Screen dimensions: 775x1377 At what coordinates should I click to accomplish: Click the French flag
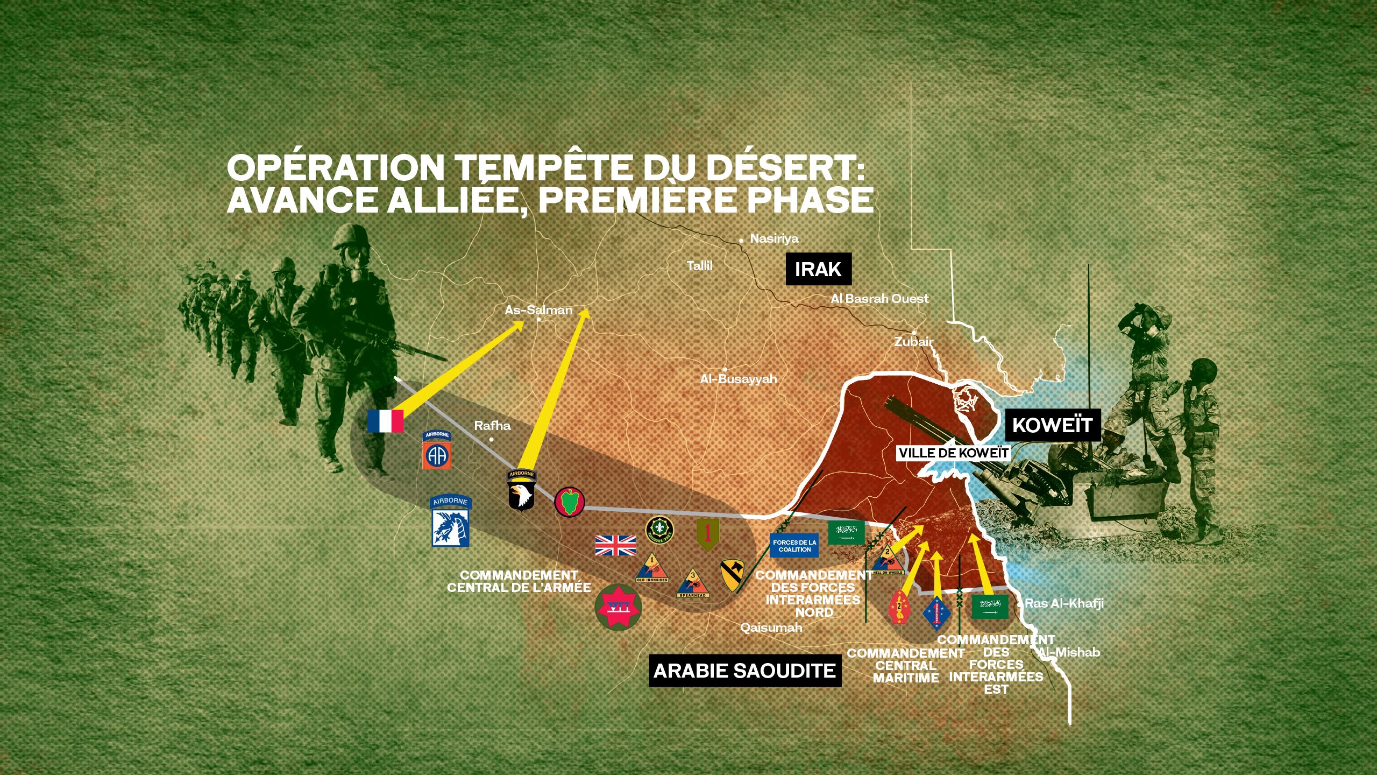[x=385, y=421]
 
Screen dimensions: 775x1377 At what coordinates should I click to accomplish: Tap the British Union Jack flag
[x=615, y=545]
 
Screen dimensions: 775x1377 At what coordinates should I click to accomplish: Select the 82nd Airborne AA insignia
[x=436, y=450]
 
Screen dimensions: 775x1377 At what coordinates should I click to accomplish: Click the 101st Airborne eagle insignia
[x=521, y=490]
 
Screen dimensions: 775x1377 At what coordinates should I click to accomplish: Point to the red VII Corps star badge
[x=618, y=608]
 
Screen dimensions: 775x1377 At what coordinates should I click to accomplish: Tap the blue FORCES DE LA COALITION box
[x=794, y=545]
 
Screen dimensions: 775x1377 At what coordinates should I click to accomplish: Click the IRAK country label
[x=818, y=269]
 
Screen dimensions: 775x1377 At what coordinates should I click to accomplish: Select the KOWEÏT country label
[x=1052, y=425]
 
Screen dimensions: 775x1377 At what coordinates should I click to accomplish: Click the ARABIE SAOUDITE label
[x=744, y=671]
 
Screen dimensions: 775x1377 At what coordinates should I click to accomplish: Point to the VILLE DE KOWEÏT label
[x=953, y=453]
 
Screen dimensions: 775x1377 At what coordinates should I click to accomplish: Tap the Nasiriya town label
[x=774, y=238]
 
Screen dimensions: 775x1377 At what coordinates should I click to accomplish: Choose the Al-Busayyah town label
[x=738, y=379]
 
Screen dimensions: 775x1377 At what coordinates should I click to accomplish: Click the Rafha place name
[x=492, y=426]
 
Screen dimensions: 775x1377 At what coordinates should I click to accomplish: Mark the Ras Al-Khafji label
[x=1064, y=603]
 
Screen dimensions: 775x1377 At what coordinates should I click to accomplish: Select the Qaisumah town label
[x=771, y=628]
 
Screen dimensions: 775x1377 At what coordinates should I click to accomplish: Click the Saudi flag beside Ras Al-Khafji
[x=990, y=607]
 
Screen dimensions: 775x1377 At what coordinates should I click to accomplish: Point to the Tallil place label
[x=699, y=265]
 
